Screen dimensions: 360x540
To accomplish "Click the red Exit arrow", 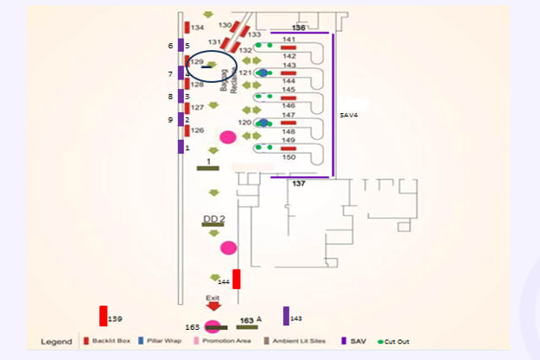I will tap(213, 305).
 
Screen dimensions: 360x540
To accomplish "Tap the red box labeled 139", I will tap(104, 316).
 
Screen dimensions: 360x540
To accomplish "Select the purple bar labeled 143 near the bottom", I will tap(286, 316).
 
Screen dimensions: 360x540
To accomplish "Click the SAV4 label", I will tap(349, 114).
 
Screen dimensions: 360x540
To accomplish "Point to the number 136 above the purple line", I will tap(299, 28).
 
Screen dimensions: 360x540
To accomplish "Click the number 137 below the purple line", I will tap(299, 184).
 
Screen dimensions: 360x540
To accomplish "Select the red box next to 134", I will tap(187, 28).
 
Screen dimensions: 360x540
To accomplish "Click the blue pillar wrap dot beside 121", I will tap(263, 73).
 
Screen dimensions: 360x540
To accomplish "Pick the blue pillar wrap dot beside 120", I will tap(263, 123).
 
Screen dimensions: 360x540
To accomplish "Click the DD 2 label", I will tap(213, 218).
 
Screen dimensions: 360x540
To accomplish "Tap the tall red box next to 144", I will tap(236, 280).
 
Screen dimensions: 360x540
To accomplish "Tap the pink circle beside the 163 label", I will tap(213, 326).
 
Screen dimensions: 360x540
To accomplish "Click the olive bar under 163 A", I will tap(247, 327).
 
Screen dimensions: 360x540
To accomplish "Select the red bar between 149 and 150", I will tap(289, 148).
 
